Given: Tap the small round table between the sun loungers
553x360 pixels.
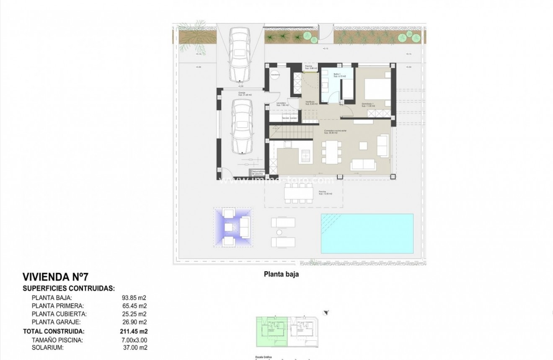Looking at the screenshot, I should tap(278, 232).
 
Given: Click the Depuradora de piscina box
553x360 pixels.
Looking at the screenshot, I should tap(257, 172).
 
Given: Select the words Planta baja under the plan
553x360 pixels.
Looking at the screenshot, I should tap(280, 275).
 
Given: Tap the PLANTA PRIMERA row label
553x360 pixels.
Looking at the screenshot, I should tap(58, 306).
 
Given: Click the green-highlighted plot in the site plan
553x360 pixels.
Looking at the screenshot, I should tap(271, 331).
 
